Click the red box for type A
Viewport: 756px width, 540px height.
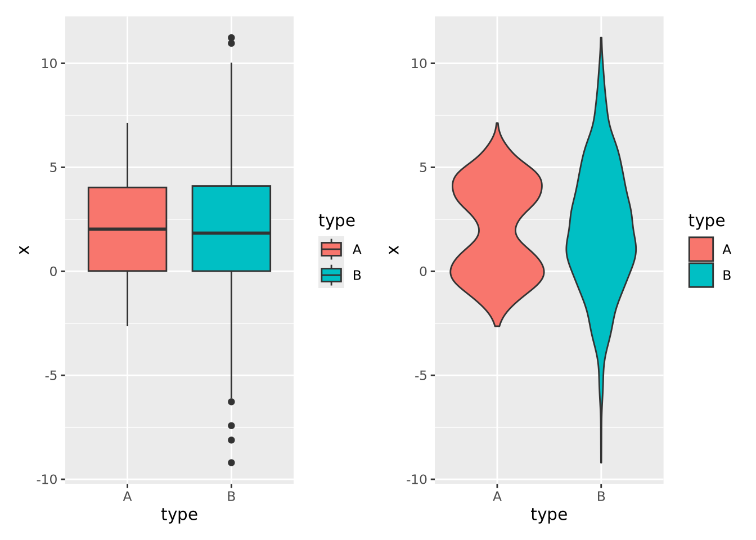[x=127, y=208]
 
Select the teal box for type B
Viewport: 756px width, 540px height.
[x=231, y=208]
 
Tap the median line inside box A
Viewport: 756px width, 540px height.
[x=127, y=229]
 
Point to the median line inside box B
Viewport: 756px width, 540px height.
[x=231, y=233]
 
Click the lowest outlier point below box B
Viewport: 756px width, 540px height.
[x=231, y=463]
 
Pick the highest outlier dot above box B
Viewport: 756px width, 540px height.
[x=231, y=38]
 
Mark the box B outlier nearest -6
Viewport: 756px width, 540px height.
[x=231, y=402]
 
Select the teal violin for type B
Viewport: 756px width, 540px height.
[x=601, y=236]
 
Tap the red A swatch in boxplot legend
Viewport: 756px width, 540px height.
[x=331, y=249]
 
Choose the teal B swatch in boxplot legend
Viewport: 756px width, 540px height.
[x=331, y=275]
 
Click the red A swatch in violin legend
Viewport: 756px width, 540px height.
[x=701, y=249]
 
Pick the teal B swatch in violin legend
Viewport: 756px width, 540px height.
[x=701, y=275]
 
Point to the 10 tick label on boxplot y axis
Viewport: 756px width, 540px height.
[x=49, y=64]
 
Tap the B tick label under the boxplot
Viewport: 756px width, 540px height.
[x=231, y=497]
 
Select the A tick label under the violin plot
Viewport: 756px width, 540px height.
[x=497, y=497]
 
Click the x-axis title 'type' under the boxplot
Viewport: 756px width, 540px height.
[x=179, y=515]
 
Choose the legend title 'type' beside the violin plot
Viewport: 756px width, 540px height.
[x=706, y=220]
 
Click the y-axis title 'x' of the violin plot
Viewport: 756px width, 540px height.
[x=394, y=249]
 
